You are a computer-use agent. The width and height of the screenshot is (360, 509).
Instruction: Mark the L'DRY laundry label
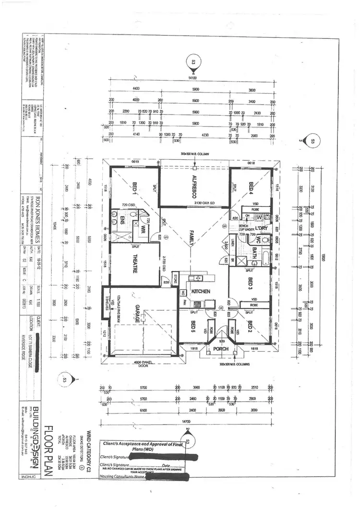click(x=261, y=227)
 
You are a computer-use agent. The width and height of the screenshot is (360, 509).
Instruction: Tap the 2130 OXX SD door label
click(x=210, y=203)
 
